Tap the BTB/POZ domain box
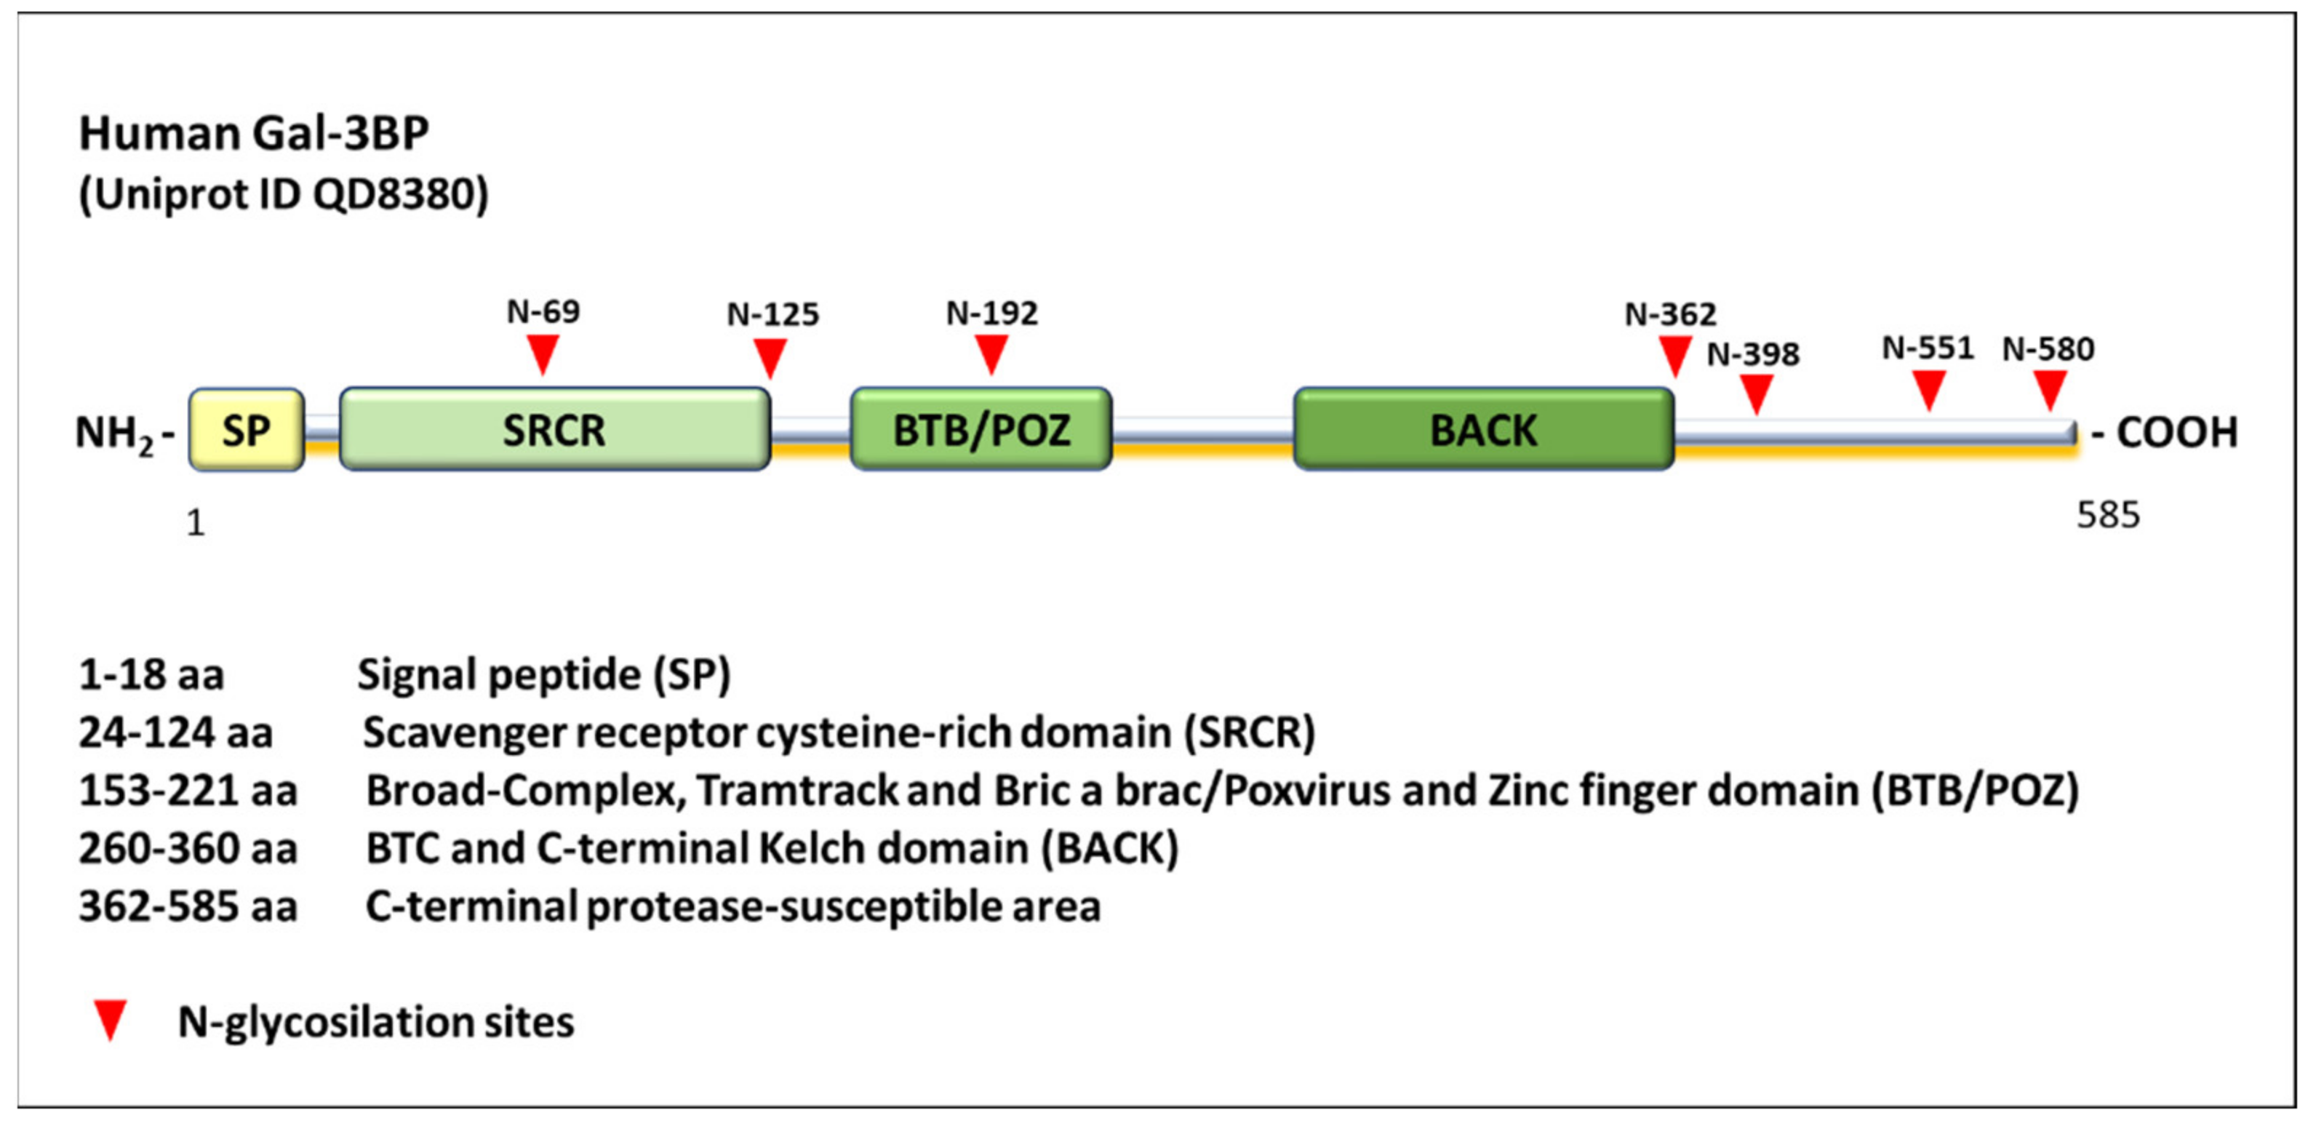tap(981, 430)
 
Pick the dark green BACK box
tap(1483, 430)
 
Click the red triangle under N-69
tap(542, 353)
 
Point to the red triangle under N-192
tap(991, 353)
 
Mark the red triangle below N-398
tap(1756, 392)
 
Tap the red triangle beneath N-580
tap(2049, 388)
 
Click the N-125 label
tap(772, 315)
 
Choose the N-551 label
tap(1928, 348)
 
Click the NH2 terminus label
tap(115, 434)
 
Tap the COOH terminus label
tap(2176, 433)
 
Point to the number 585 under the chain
tap(2107, 515)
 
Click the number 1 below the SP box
tap(195, 522)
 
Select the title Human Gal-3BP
tap(254, 134)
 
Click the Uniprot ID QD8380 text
tap(283, 194)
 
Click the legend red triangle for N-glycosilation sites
tap(110, 1020)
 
